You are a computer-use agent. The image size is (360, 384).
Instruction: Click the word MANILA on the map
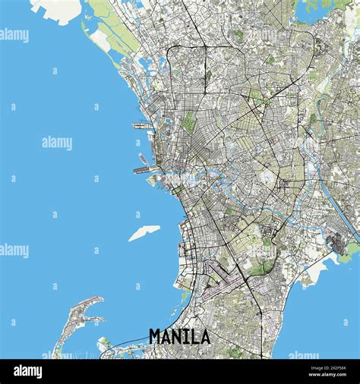coord(179,335)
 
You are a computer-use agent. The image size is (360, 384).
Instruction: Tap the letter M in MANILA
coord(156,335)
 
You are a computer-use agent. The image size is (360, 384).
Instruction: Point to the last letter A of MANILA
coord(204,335)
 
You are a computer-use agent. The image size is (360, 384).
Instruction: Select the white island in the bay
coord(144,232)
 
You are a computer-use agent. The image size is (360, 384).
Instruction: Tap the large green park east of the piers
coord(188,121)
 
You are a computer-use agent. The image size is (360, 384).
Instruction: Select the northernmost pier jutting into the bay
coord(142,125)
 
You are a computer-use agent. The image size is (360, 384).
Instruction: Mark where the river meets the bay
coord(155,181)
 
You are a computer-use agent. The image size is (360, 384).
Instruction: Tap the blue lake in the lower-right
coord(319,304)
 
